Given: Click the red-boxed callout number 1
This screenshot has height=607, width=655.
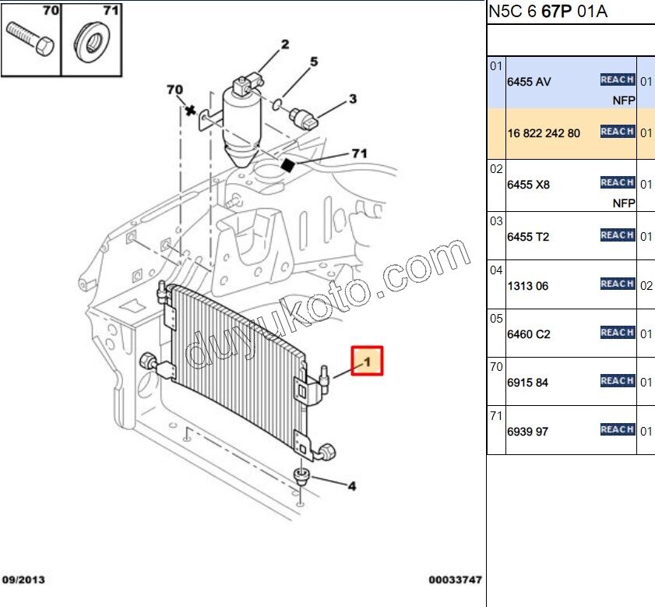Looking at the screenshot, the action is pyautogui.click(x=368, y=362).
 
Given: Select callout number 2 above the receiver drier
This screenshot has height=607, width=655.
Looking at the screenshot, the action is pyautogui.click(x=285, y=44).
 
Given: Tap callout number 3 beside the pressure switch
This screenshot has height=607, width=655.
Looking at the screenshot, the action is pyautogui.click(x=353, y=99).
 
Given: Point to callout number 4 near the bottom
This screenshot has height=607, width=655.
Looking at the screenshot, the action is pyautogui.click(x=352, y=486).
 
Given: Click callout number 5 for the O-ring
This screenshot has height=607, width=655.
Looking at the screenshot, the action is pyautogui.click(x=314, y=62).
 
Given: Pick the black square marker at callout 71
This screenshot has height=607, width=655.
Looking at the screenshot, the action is pyautogui.click(x=288, y=165).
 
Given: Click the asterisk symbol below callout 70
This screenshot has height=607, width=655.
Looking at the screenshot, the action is pyautogui.click(x=190, y=111).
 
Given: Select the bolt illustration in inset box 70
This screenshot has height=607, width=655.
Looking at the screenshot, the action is pyautogui.click(x=30, y=38).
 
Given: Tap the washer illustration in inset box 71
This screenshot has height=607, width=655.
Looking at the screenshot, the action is pyautogui.click(x=92, y=41).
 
